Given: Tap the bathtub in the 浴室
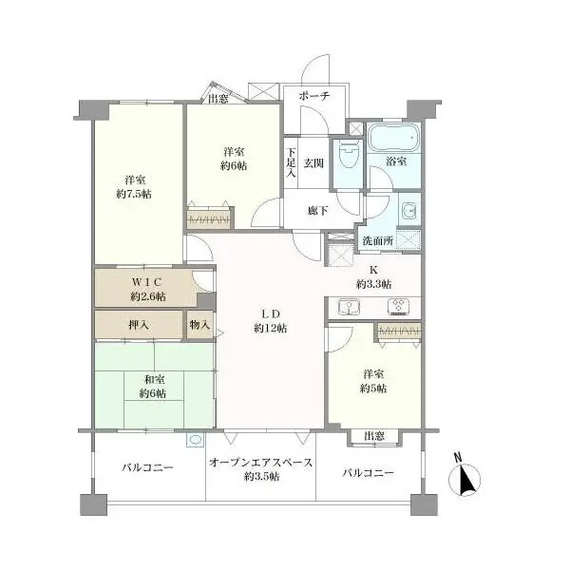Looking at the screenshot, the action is [x=394, y=138].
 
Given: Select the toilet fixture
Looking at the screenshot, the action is [x=349, y=155].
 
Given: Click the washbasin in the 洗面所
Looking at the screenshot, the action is [x=410, y=210].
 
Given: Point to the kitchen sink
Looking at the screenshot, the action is [x=349, y=307].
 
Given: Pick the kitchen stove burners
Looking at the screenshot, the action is [x=399, y=307].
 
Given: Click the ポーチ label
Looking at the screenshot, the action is [x=314, y=96].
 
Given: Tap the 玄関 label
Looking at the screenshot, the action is [x=313, y=163].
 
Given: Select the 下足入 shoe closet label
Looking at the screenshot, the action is [x=291, y=162].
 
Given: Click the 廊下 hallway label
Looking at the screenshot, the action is [x=317, y=210].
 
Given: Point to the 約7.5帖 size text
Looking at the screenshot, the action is [x=134, y=194].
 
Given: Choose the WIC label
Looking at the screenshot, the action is [x=145, y=282].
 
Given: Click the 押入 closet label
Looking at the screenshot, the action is [x=139, y=324].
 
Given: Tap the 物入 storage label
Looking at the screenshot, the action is [x=199, y=324].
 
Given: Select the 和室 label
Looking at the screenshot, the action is [x=155, y=379].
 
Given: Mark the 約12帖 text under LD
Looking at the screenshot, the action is [x=271, y=329].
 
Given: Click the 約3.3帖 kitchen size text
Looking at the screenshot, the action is [x=373, y=284].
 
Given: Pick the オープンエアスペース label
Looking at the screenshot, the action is [x=261, y=463].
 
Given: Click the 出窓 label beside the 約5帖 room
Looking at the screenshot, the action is [x=374, y=436].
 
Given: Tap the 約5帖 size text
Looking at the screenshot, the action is [x=373, y=389].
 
